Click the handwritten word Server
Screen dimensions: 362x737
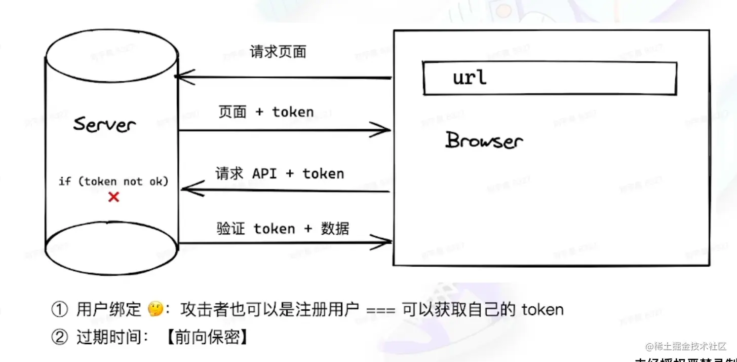tap(105, 124)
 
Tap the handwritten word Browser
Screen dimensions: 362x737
tap(484, 140)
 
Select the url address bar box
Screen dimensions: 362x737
tap(550, 78)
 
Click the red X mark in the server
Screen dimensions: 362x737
tap(114, 197)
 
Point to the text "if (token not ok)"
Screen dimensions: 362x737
tap(113, 181)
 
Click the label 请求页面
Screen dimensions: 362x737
tap(278, 52)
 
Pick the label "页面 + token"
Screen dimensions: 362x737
tap(266, 112)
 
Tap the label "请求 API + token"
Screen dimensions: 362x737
tap(280, 174)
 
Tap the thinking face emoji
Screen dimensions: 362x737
tap(154, 309)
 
